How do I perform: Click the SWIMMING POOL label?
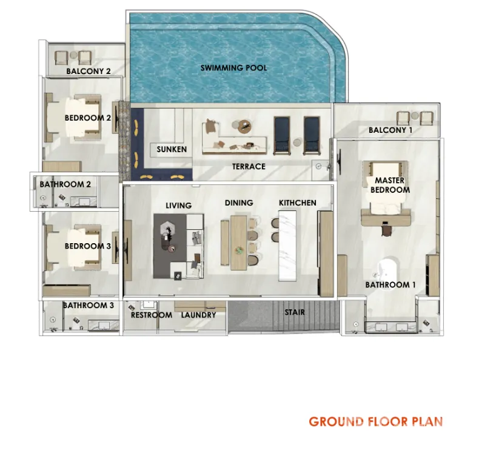click(233, 67)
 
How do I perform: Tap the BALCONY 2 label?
click(89, 71)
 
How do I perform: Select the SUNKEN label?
click(172, 149)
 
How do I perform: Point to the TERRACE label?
click(249, 166)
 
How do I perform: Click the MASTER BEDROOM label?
click(390, 185)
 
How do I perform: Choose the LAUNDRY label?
click(198, 315)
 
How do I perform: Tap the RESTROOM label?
click(151, 315)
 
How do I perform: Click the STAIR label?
click(295, 312)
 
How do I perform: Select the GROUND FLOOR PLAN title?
click(376, 421)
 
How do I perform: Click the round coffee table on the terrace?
click(244, 126)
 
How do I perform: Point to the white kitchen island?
click(287, 246)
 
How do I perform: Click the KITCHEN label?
click(297, 203)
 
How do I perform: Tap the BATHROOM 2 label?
click(65, 184)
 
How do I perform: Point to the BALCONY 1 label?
click(390, 130)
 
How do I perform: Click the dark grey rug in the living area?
click(169, 246)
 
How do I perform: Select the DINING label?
click(239, 203)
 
